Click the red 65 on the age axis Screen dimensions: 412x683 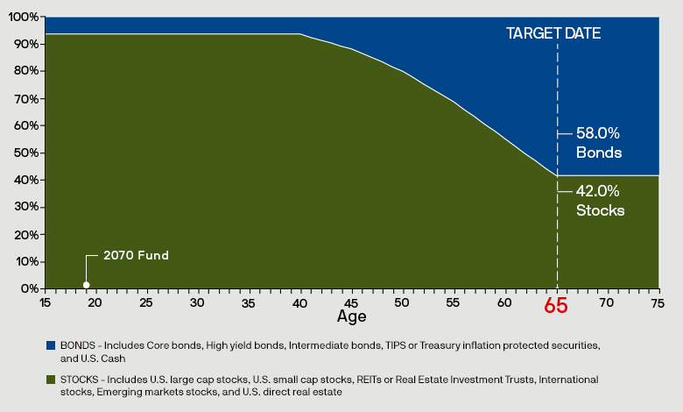pyautogui.click(x=556, y=306)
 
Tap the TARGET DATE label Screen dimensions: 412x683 pyautogui.click(x=555, y=33)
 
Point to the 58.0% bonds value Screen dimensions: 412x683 pyautogui.click(x=598, y=134)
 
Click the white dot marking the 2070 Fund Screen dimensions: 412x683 pyautogui.click(x=86, y=284)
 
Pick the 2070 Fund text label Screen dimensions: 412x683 pyautogui.click(x=136, y=255)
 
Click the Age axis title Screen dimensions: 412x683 pyautogui.click(x=352, y=316)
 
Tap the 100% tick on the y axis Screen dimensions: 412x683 pyautogui.click(x=25, y=18)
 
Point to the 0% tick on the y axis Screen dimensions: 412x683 pyautogui.click(x=29, y=288)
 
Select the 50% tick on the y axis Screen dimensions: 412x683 pyautogui.click(x=26, y=153)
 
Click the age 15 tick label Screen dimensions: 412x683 pyautogui.click(x=45, y=302)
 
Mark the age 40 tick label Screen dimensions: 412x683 pyautogui.click(x=300, y=302)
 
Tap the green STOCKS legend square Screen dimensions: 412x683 pyautogui.click(x=49, y=380)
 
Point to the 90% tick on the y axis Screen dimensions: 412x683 pyautogui.click(x=26, y=45)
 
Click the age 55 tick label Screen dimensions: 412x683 pyautogui.click(x=454, y=302)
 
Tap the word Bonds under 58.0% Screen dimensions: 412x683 pyautogui.click(x=599, y=153)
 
